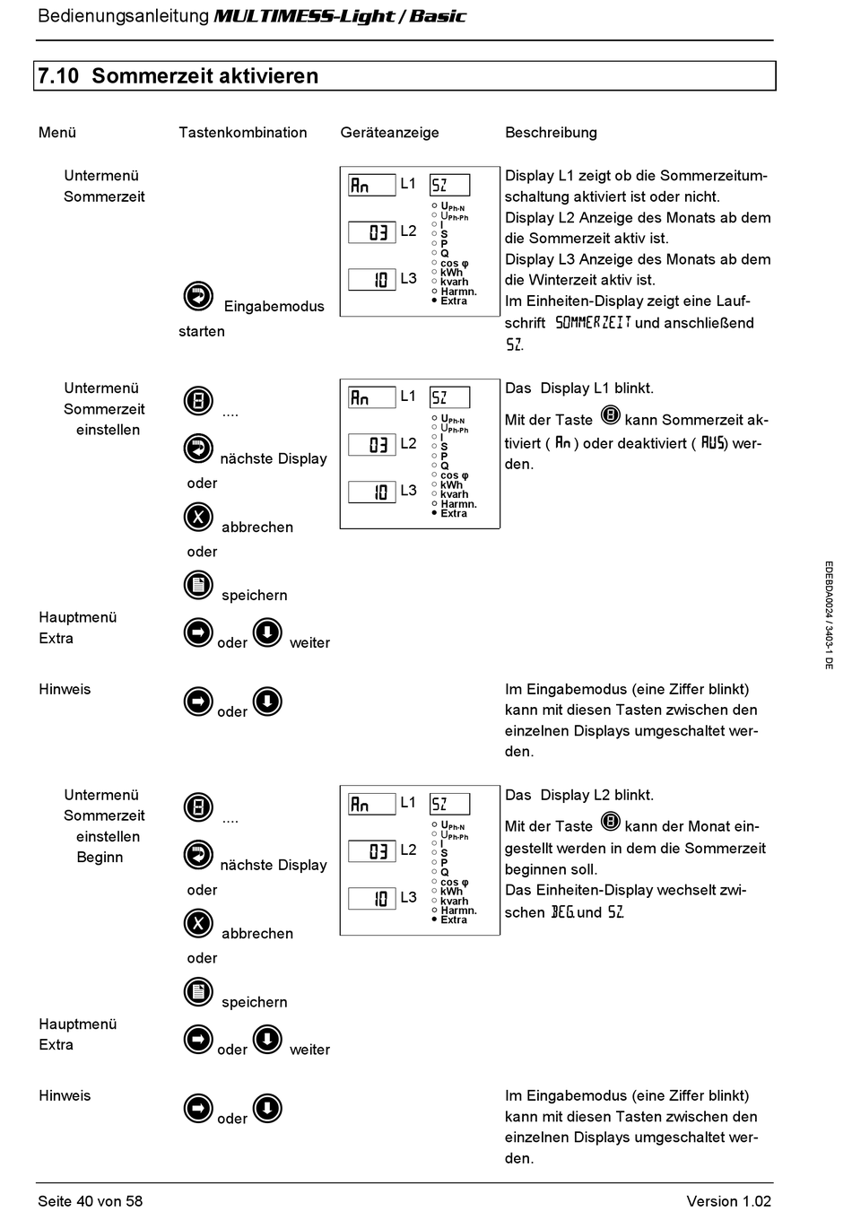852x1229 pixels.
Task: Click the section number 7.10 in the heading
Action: point(58,76)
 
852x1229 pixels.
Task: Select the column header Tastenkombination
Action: point(242,133)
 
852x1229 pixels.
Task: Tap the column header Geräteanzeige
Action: point(389,133)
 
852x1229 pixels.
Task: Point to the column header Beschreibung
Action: point(551,133)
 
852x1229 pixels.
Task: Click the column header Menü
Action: point(57,133)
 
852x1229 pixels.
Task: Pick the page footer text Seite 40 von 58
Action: point(90,1201)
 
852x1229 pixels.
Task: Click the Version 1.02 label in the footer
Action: point(728,1201)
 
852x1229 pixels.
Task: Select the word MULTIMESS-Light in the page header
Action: point(304,16)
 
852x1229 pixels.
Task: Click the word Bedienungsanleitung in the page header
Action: point(123,16)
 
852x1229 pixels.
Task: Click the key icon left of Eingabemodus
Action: point(198,295)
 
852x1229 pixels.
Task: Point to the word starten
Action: point(202,331)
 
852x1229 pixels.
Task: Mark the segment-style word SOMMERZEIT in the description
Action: point(593,322)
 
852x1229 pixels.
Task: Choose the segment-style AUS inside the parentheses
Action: point(714,442)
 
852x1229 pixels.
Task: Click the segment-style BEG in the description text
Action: point(562,912)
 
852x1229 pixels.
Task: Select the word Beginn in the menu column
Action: point(100,857)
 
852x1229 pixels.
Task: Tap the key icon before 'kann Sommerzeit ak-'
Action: point(610,416)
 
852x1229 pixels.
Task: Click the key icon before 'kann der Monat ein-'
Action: point(610,823)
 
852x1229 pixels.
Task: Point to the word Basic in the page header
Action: point(438,16)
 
